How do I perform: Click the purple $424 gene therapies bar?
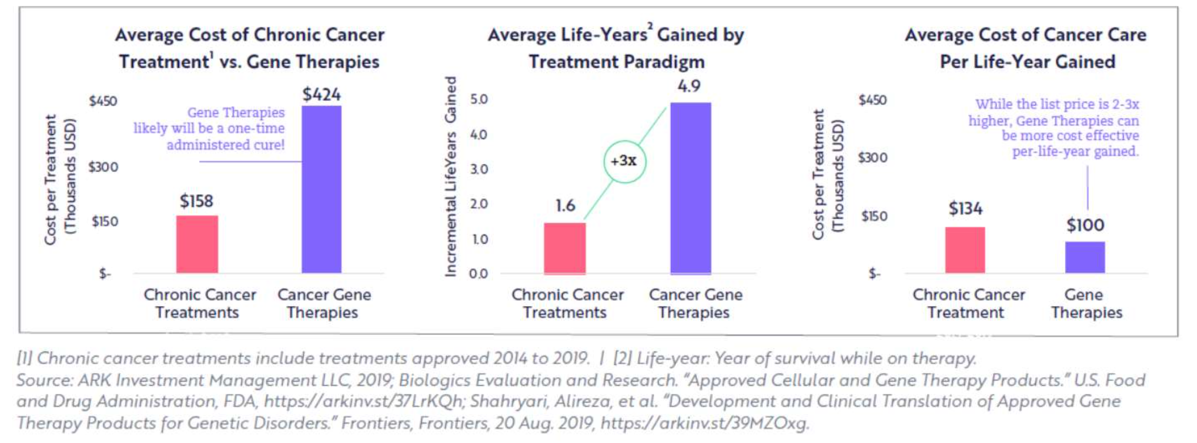321,189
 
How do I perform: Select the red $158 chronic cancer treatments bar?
197,244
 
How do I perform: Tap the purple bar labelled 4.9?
690,188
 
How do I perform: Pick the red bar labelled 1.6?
564,248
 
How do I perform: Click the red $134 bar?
965,250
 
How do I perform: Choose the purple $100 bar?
1085,257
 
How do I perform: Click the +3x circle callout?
624,161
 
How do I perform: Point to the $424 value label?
321,94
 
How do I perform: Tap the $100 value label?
1085,225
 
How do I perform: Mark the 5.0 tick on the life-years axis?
478,99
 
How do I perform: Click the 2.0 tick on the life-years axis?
478,204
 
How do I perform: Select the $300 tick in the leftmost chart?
103,167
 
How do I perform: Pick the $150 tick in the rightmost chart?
874,216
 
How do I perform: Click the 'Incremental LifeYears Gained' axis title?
450,176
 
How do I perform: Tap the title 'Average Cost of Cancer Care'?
1025,35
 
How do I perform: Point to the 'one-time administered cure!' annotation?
226,136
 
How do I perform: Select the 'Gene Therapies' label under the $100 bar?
1086,303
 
